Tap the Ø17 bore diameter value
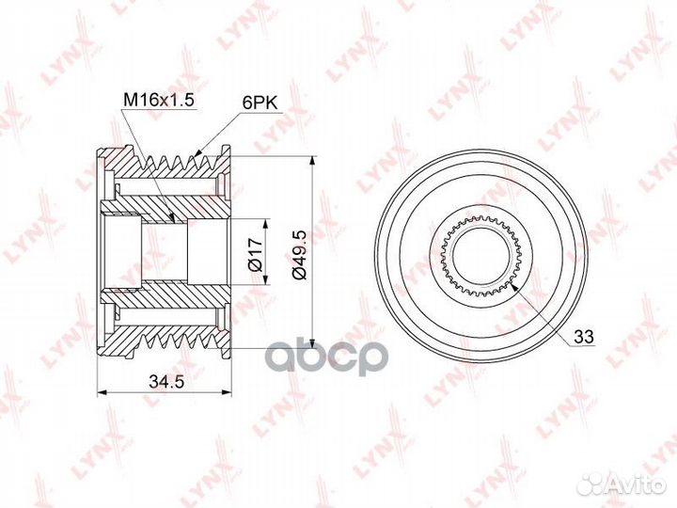point(254,252)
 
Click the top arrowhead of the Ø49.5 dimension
point(310,160)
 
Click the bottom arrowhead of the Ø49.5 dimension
point(310,344)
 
